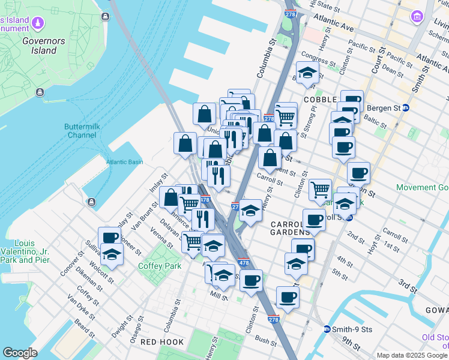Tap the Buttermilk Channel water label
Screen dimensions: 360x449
coord(80,131)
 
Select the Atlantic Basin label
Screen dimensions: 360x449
coord(125,162)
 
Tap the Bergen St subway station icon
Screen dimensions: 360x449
coord(406,108)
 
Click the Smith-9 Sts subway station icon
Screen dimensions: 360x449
coord(327,329)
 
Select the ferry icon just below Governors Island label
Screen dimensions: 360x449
coord(40,92)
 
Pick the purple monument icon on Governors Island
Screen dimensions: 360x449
coord(39,23)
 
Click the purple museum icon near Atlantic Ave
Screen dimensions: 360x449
coord(416,16)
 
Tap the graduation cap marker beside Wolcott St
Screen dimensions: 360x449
coord(112,254)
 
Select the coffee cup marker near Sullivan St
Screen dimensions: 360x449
coord(110,238)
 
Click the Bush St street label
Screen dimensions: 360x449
coord(265,340)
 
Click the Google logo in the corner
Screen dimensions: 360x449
coord(20,352)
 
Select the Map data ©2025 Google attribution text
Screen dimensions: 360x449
coord(411,355)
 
